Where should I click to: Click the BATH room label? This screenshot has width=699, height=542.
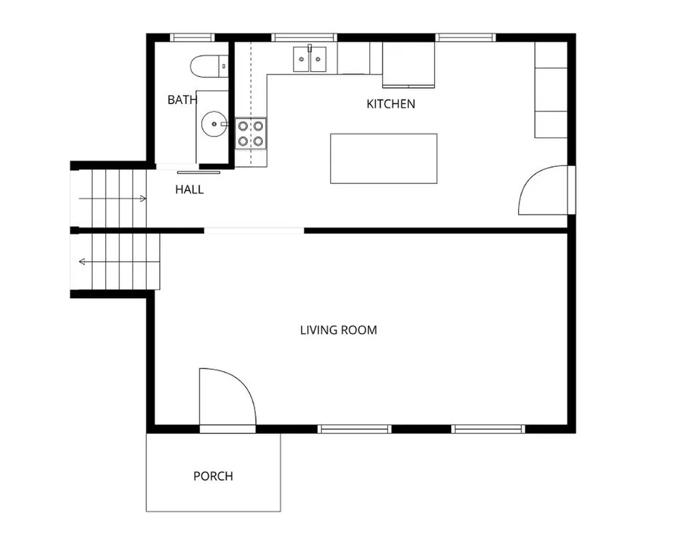tap(182, 100)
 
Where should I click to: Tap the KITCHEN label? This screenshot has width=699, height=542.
tap(390, 104)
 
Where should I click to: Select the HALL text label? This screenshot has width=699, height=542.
tap(190, 190)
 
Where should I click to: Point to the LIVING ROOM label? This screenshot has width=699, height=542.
tap(339, 330)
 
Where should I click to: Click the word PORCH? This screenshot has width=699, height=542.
tap(213, 476)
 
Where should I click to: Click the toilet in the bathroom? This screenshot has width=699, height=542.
tap(210, 66)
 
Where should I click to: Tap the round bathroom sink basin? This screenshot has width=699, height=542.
tap(214, 124)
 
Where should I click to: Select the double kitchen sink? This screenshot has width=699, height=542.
tap(309, 59)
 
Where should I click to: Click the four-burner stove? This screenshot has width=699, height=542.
tap(251, 134)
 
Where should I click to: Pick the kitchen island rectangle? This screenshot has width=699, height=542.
tap(384, 159)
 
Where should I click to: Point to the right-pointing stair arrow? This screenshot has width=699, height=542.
tap(113, 199)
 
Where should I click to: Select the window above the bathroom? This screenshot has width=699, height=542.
tap(192, 38)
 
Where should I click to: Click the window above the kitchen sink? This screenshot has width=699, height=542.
tap(304, 38)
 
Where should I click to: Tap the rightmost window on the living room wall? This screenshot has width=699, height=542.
tap(488, 429)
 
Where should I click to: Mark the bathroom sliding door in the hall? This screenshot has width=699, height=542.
tap(199, 172)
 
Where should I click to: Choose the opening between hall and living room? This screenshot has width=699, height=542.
tap(254, 231)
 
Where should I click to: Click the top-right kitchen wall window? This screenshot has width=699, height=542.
tap(466, 38)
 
